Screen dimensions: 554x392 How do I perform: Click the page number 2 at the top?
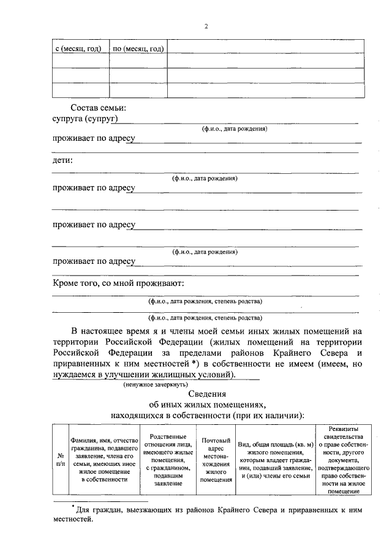pos(206,26)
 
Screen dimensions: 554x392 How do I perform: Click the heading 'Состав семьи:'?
pos(96,108)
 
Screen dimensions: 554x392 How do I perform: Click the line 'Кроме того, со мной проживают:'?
pos(118,283)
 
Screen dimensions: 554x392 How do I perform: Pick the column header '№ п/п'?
pos(61,459)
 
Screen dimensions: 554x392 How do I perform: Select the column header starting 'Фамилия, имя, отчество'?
pos(99,459)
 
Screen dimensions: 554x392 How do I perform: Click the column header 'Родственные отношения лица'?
pos(164,459)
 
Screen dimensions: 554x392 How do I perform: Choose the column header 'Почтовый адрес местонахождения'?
pos(216,459)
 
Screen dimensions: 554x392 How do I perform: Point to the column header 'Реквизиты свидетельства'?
pos(342,459)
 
